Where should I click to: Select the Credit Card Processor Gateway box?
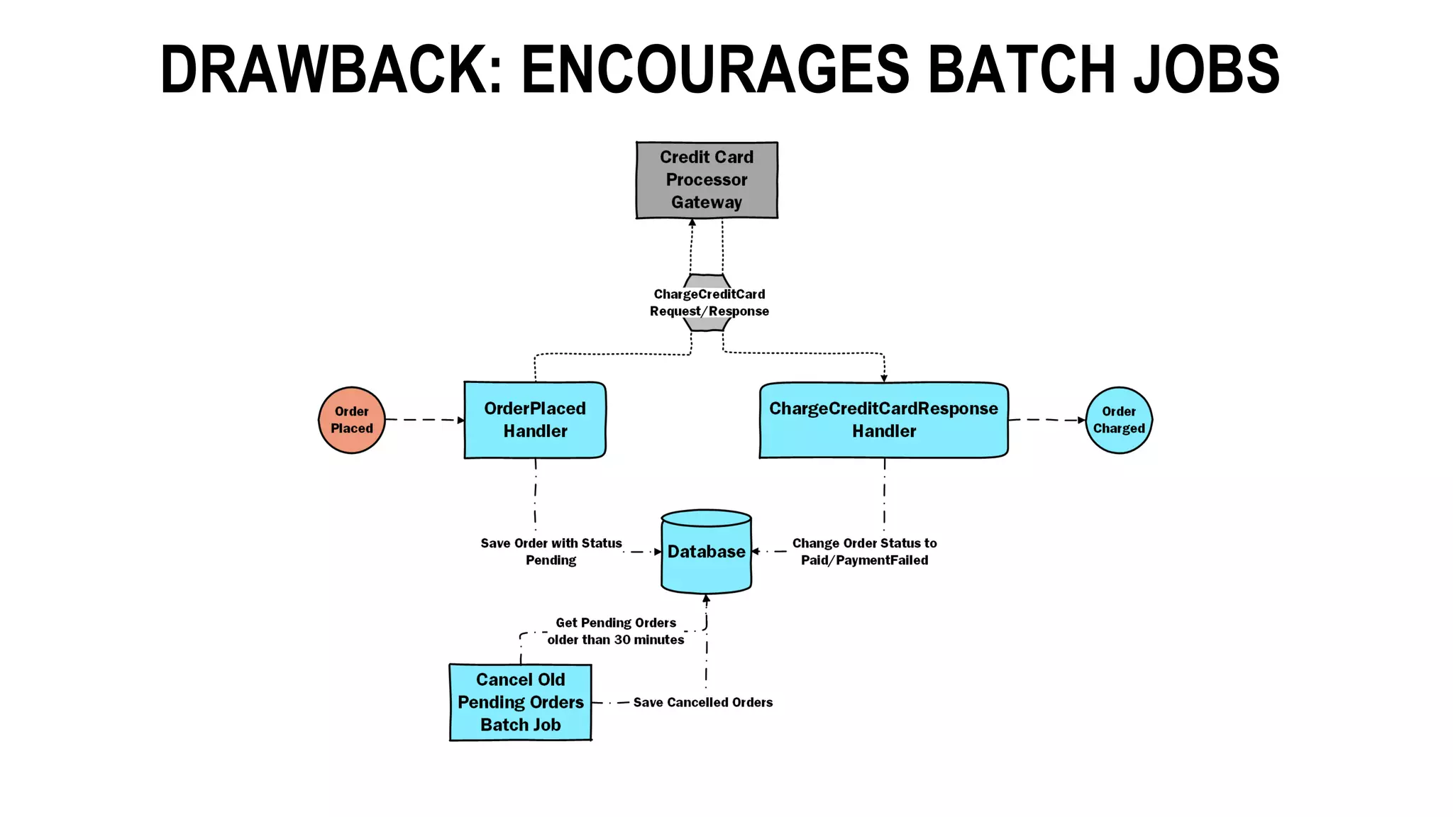(x=707, y=180)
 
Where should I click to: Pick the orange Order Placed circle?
(x=352, y=420)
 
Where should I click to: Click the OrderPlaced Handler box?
(x=535, y=420)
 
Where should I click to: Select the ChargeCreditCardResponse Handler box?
(x=883, y=420)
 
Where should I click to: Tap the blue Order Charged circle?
(x=1119, y=420)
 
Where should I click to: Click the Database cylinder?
(x=706, y=552)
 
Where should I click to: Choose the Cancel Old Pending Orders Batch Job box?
(x=520, y=702)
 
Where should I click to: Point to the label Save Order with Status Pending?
(x=551, y=552)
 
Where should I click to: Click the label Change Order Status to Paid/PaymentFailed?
(x=864, y=552)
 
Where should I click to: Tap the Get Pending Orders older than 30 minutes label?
(x=615, y=631)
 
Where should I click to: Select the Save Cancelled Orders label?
(x=702, y=702)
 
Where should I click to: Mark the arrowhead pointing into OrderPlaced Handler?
(x=460, y=421)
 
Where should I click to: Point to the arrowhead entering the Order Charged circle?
(x=1081, y=420)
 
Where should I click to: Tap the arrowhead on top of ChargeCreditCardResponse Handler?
(x=884, y=378)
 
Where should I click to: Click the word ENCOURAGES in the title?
(x=715, y=70)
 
